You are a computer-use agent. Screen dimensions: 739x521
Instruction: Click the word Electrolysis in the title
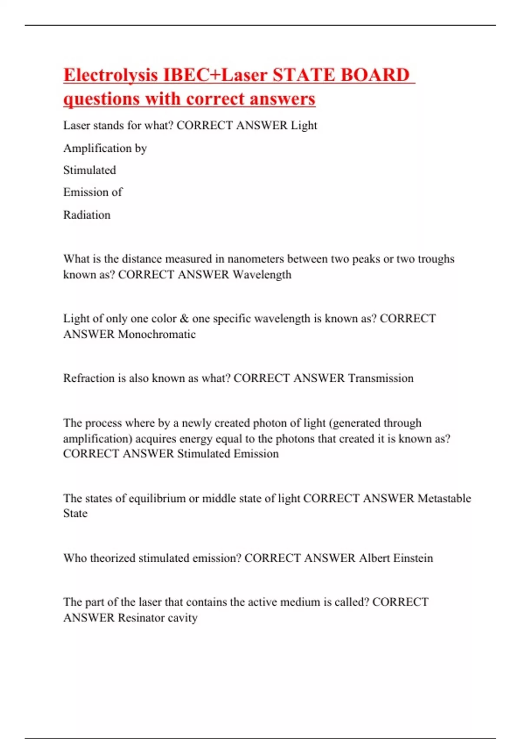tap(110, 75)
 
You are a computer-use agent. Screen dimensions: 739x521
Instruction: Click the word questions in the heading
tap(102, 99)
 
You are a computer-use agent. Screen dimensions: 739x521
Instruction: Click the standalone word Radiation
tap(87, 215)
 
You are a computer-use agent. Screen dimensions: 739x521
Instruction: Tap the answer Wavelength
tap(262, 275)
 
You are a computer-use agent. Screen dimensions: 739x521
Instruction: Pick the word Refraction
tap(89, 378)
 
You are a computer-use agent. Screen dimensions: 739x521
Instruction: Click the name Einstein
tap(413, 558)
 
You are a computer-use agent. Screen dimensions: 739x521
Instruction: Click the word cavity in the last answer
tap(183, 618)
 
